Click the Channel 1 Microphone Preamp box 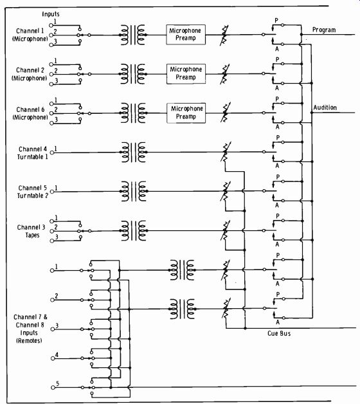pos(186,35)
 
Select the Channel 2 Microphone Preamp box pos(186,74)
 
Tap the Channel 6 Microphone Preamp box pos(186,113)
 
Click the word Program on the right pos(324,30)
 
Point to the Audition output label pos(325,107)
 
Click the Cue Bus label pos(279,333)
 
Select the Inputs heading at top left pos(51,14)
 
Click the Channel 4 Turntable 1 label pos(33,153)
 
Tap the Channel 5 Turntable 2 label pos(33,192)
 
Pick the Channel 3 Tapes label pos(31,231)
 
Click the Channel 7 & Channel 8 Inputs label pos(30,329)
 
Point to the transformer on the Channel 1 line pos(133,35)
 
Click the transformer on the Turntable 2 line pos(133,192)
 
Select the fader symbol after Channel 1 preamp pos(224,35)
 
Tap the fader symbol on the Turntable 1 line pos(226,152)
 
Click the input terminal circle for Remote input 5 pos(53,387)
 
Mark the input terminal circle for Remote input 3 pos(53,329)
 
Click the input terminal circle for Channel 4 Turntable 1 pos(52,152)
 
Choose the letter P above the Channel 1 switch pos(276,20)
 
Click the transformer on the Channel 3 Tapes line pos(133,230)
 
